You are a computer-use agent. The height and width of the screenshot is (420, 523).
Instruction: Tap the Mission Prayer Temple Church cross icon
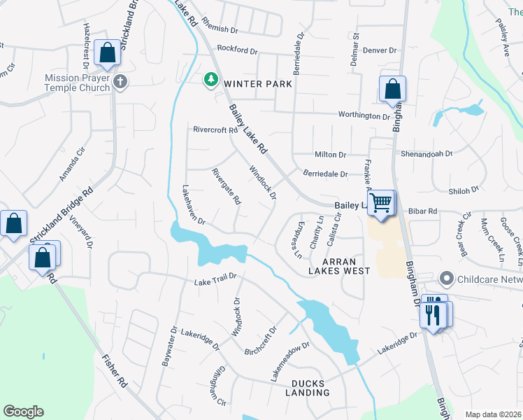pos(120,82)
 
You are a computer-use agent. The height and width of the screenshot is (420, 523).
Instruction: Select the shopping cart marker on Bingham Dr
pos(380,202)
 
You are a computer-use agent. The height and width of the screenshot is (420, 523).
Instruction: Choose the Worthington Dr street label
pos(364,115)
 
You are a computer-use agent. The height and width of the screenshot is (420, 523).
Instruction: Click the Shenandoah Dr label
pos(427,153)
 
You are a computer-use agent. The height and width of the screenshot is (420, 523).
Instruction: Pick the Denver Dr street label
pos(383,50)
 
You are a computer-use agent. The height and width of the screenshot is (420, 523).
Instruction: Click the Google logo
pos(23,412)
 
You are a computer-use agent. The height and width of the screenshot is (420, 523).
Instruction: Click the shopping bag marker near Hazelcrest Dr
pos(108,53)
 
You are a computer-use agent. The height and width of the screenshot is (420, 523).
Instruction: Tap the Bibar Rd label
pos(422,211)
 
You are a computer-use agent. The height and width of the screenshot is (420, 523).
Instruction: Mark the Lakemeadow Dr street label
pos(289,363)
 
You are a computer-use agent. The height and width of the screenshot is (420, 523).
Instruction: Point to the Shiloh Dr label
pos(464,190)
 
